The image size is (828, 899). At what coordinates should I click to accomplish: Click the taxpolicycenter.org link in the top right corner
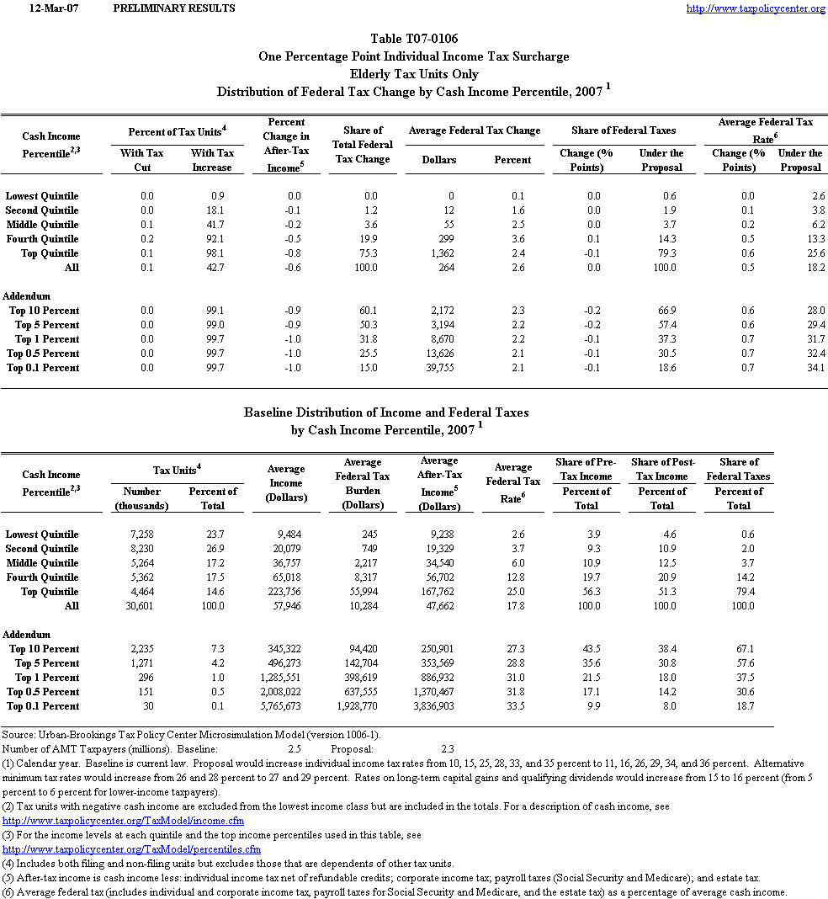point(755,8)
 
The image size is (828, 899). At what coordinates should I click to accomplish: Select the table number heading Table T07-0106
point(414,39)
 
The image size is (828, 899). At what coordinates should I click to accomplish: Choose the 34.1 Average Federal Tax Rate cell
point(814,368)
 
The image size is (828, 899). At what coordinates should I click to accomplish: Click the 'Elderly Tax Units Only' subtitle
point(414,74)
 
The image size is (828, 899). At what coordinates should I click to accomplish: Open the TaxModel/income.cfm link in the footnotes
point(124,821)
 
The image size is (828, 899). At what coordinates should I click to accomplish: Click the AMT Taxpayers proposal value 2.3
point(447,748)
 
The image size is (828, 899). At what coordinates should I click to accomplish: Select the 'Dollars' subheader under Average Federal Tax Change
point(439,160)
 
